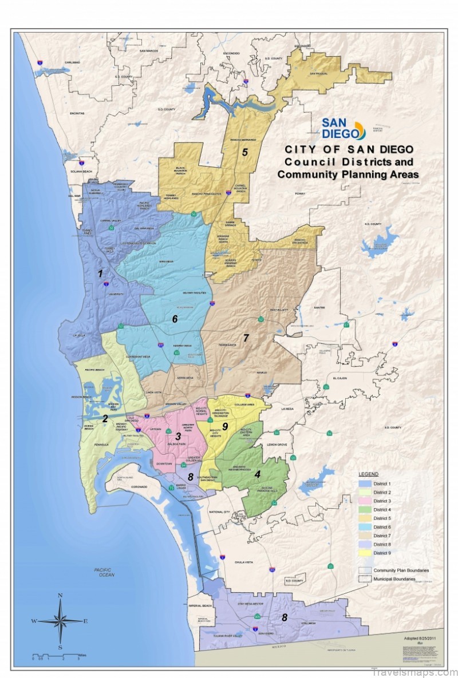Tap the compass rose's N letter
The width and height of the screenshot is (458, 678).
click(x=60, y=596)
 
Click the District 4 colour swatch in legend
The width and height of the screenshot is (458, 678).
click(x=365, y=509)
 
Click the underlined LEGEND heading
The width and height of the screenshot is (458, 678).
click(x=368, y=475)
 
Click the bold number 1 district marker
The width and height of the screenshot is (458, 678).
click(x=100, y=274)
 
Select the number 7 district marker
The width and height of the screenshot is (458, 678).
click(x=246, y=338)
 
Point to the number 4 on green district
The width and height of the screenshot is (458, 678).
click(x=258, y=474)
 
